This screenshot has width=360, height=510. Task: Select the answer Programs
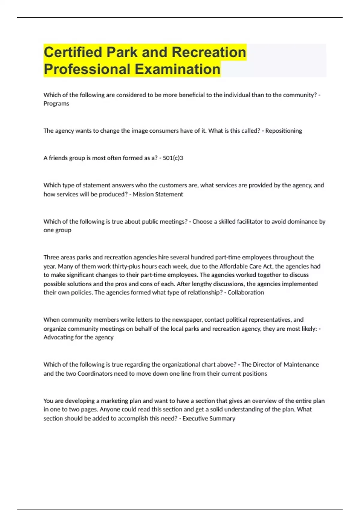[56, 103]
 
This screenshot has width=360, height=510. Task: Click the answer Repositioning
[283, 131]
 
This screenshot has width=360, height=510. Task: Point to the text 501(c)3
[173, 158]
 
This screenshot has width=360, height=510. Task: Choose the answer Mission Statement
[158, 194]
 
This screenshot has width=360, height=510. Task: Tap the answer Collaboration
[246, 292]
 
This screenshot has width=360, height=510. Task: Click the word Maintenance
[301, 364]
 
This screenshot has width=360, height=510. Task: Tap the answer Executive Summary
[209, 418]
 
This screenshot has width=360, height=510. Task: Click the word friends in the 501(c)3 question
[58, 158]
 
